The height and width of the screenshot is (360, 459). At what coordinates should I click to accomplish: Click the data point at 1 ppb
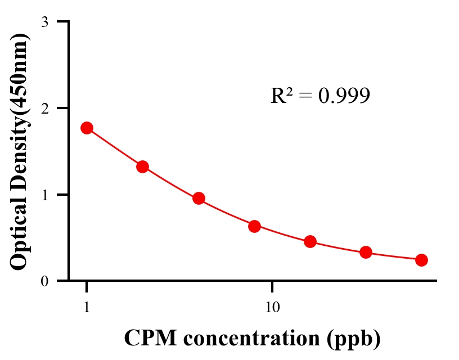87,128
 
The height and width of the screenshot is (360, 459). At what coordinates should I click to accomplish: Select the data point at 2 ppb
142,166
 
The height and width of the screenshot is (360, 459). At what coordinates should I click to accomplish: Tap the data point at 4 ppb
199,198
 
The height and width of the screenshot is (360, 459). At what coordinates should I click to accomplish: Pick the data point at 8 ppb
254,226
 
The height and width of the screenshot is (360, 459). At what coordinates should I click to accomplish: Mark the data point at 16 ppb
310,242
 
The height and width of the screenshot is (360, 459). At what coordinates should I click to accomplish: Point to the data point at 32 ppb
366,252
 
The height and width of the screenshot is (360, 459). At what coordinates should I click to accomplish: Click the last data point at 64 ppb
421,260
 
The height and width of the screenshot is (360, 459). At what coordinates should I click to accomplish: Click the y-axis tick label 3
44,22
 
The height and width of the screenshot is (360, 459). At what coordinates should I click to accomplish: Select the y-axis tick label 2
44,109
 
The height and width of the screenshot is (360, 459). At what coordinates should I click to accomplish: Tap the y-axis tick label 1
44,195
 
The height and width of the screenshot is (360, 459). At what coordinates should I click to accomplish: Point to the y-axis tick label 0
44,281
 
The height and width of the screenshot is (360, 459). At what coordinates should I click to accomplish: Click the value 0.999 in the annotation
344,96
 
